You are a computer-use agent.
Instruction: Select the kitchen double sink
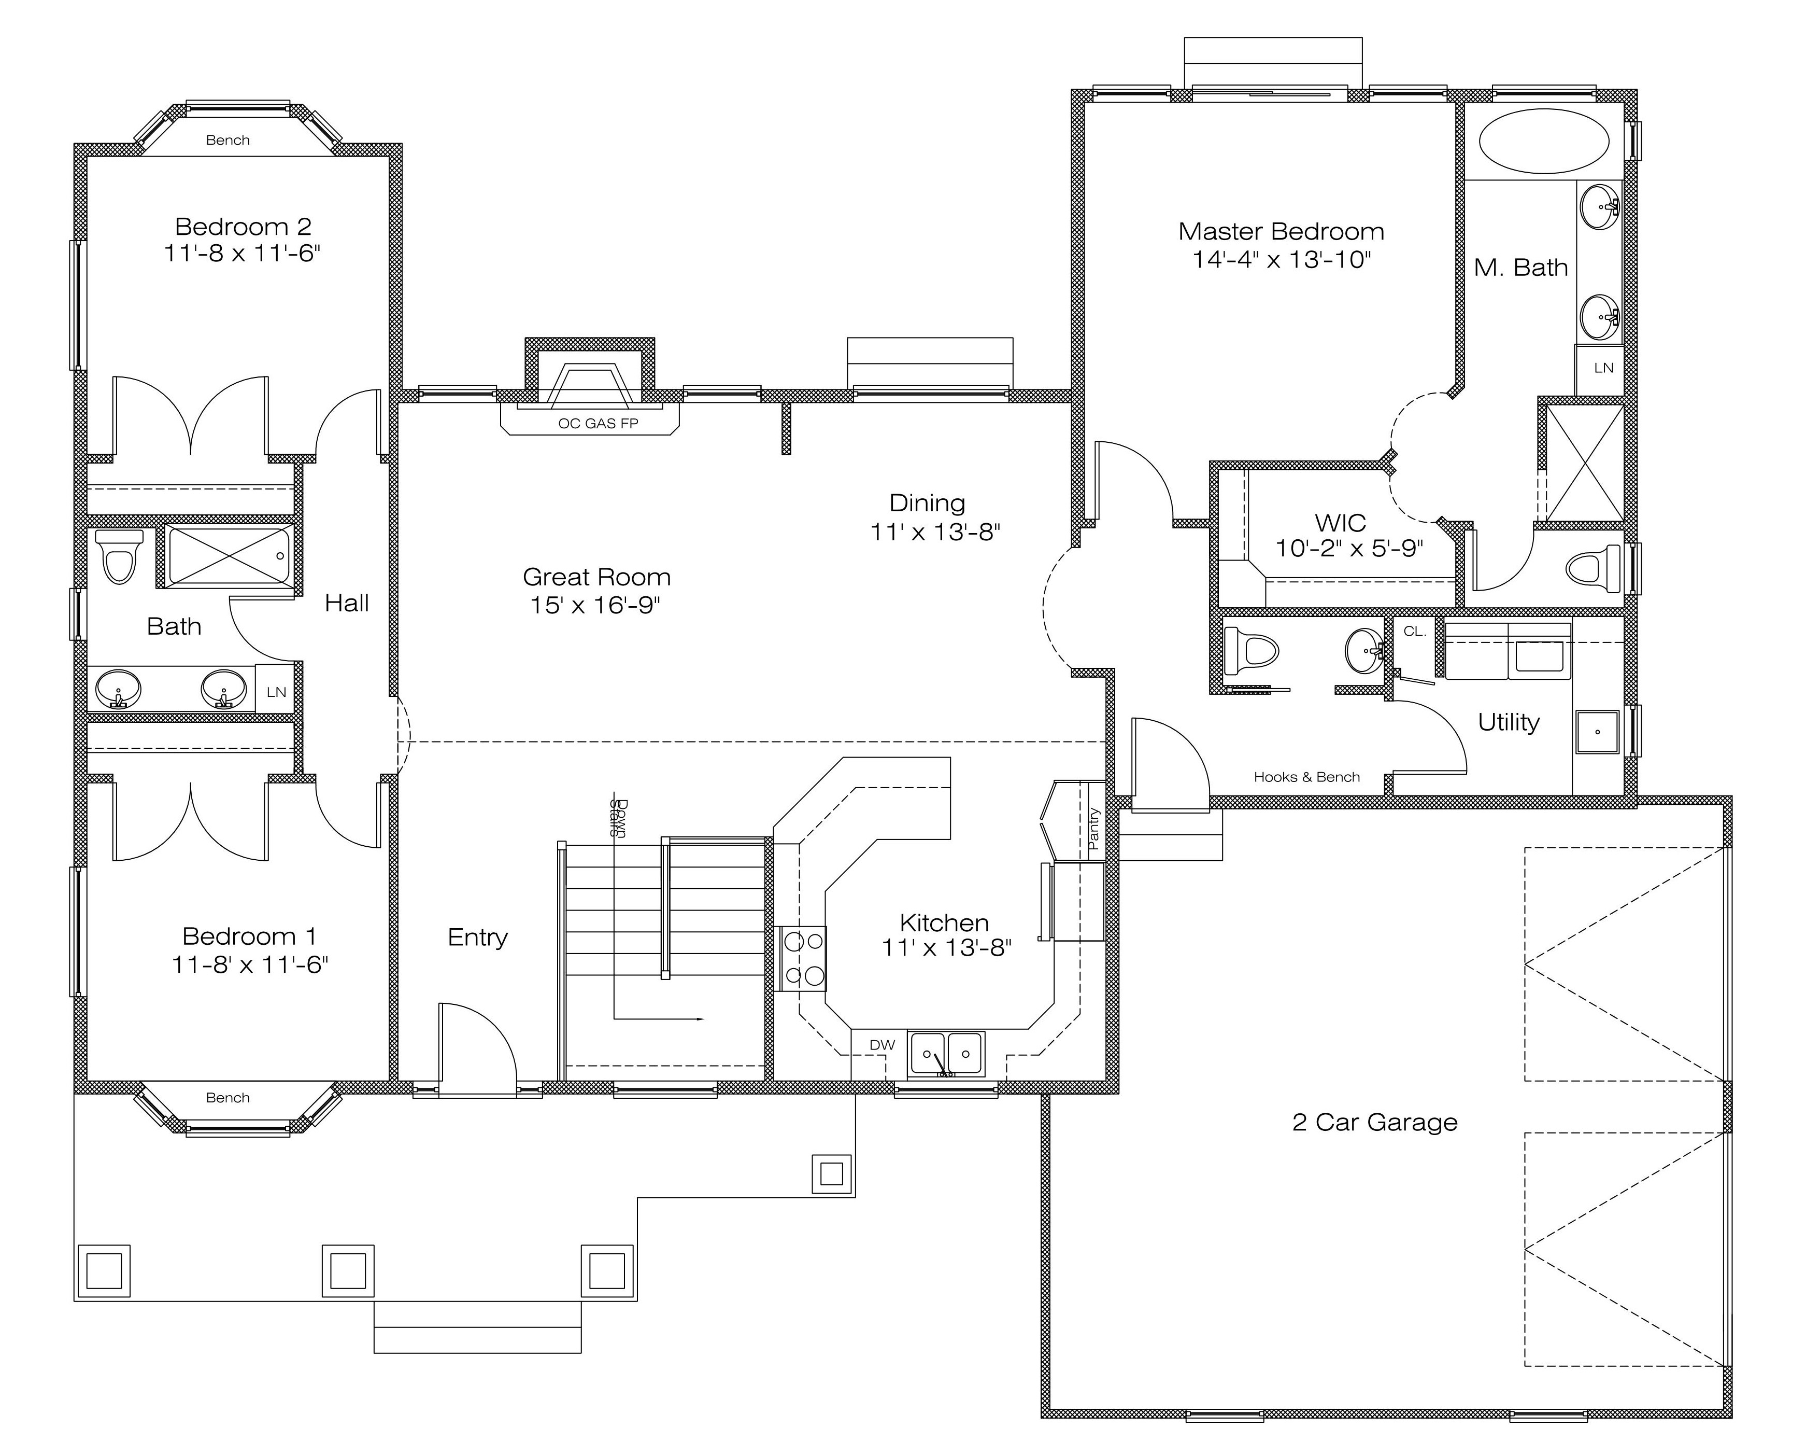point(945,1054)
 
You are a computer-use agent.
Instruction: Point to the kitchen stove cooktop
point(802,958)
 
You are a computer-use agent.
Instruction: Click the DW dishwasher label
point(882,1045)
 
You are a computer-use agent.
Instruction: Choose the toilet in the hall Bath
point(118,556)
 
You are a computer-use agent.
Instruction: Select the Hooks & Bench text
point(1307,777)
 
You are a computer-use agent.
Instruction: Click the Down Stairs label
point(617,817)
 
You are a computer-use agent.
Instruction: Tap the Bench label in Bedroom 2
point(228,140)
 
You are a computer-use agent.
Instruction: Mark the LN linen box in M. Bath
point(1599,368)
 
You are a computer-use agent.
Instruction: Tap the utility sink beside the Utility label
point(1598,731)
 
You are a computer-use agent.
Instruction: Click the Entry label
point(478,938)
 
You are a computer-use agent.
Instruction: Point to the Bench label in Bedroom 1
point(228,1098)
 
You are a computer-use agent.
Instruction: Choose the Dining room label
point(927,503)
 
